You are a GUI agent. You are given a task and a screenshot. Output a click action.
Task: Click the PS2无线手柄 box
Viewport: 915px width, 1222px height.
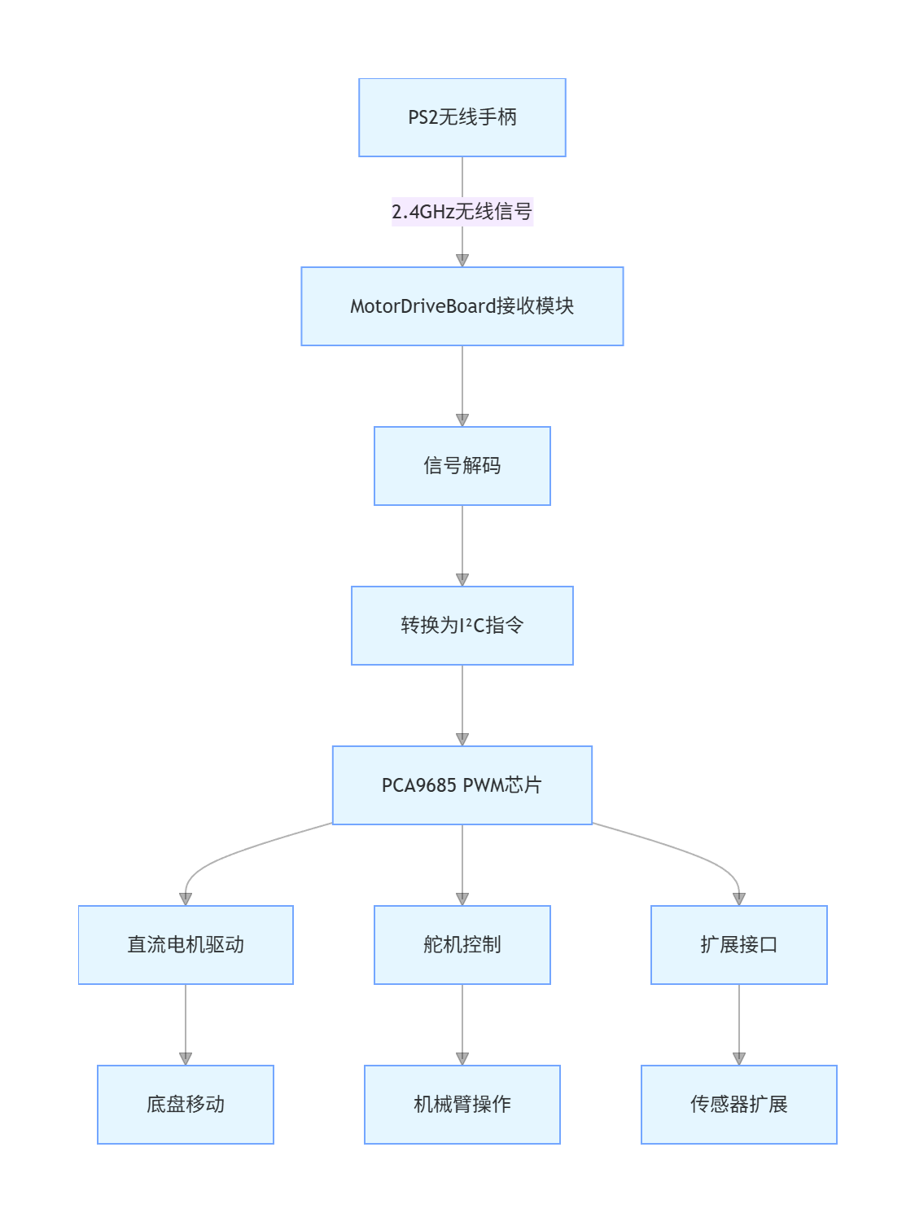462,117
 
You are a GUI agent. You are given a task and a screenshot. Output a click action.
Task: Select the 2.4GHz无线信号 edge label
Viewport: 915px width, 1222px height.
462,212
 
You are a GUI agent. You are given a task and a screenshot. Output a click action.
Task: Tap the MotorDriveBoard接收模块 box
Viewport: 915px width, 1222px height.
462,306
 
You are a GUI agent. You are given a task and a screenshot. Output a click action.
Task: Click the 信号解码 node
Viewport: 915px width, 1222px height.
462,466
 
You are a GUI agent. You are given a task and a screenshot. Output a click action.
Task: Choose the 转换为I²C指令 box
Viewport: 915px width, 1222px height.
462,626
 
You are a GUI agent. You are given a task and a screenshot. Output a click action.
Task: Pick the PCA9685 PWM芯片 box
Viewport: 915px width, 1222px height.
462,785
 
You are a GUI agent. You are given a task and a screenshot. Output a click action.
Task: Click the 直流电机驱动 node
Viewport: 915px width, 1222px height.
186,945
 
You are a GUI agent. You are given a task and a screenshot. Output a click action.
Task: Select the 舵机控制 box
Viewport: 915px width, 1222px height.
462,945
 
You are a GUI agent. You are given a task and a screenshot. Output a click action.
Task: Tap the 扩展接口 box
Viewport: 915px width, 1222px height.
738,945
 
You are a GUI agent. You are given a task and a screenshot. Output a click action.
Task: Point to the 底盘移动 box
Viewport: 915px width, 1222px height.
186,1105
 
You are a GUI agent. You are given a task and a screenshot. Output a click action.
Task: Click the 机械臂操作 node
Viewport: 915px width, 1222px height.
462,1105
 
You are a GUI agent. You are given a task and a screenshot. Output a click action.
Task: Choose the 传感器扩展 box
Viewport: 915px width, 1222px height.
738,1105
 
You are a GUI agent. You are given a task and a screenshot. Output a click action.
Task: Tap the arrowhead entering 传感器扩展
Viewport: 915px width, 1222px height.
738,1059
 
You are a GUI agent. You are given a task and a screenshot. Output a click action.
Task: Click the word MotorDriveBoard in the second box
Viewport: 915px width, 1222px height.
422,306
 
